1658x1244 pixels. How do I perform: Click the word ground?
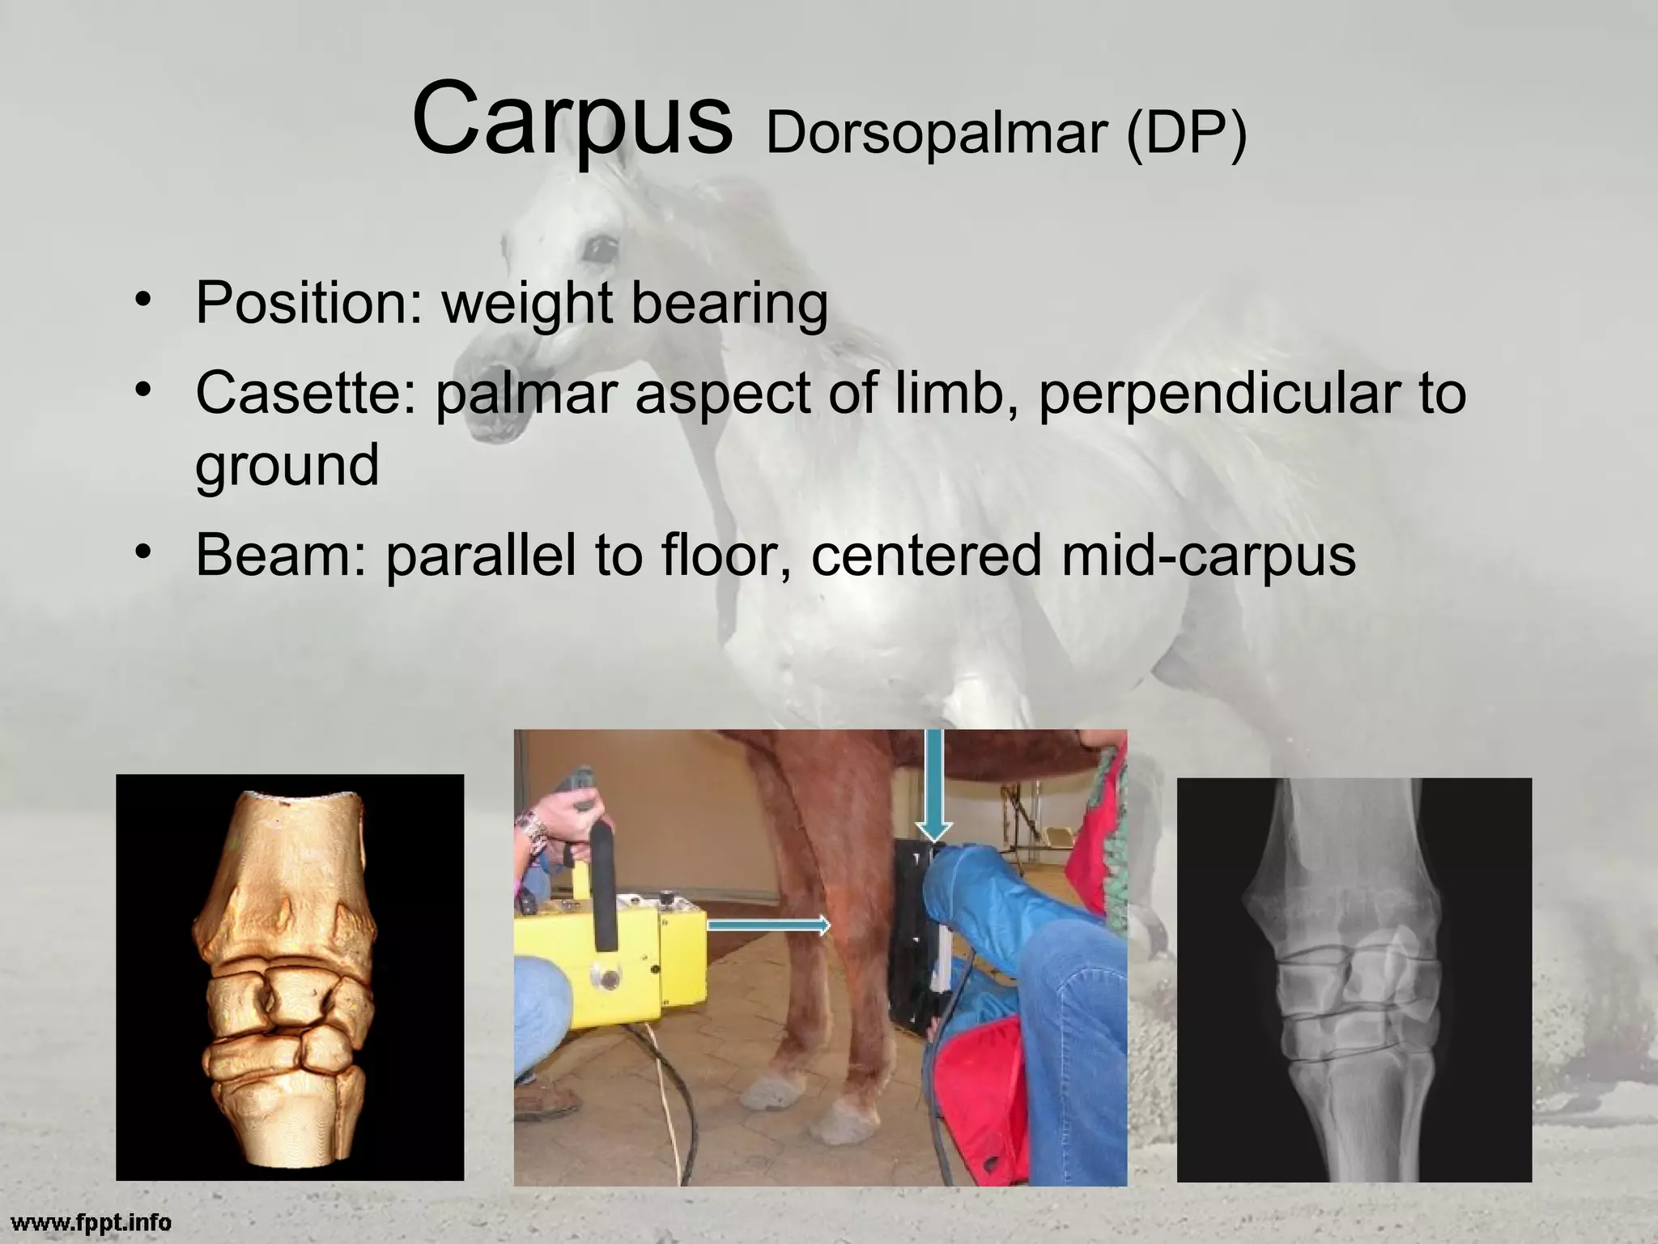[x=287, y=465]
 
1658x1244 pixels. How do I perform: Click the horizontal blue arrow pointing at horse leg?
[x=769, y=924]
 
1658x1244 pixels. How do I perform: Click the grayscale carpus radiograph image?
[x=1354, y=979]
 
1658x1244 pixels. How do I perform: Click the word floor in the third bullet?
[x=725, y=555]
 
